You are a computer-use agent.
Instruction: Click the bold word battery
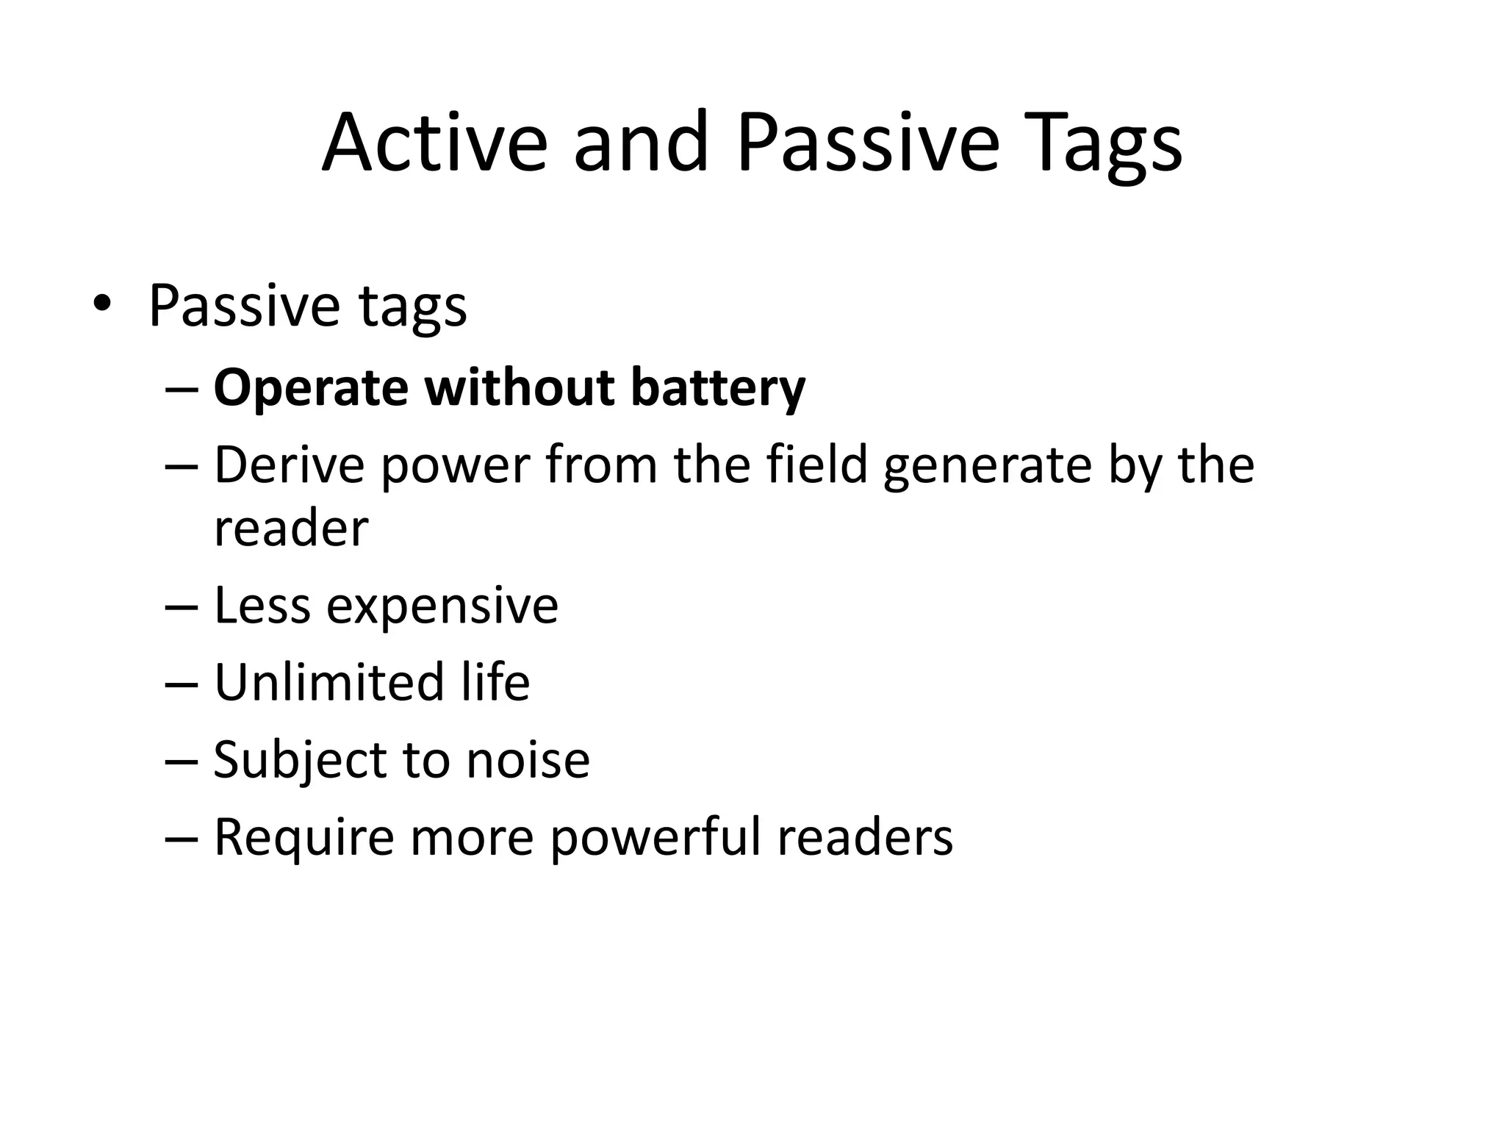click(718, 387)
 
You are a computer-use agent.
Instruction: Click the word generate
click(987, 467)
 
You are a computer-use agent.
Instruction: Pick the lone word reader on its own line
click(291, 528)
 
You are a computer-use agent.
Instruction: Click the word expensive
click(442, 607)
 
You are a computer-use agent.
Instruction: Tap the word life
click(495, 681)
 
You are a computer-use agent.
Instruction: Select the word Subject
click(298, 760)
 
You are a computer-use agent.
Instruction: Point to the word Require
click(303, 837)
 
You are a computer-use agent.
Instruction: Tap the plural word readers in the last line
click(865, 837)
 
